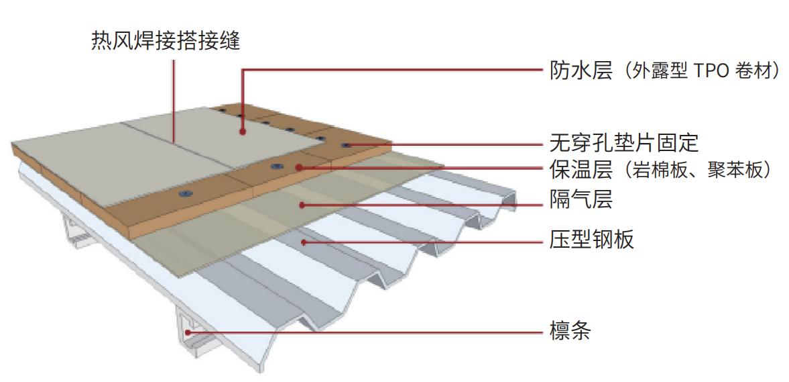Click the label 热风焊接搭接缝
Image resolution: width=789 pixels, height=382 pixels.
point(165,41)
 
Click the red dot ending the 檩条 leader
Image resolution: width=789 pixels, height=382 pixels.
point(188,331)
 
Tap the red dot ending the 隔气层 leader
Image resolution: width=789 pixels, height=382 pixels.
point(304,203)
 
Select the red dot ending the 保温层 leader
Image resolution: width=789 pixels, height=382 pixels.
point(300,167)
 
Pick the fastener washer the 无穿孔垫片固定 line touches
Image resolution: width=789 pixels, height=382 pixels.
point(346,145)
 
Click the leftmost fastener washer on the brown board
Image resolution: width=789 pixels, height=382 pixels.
point(183,193)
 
